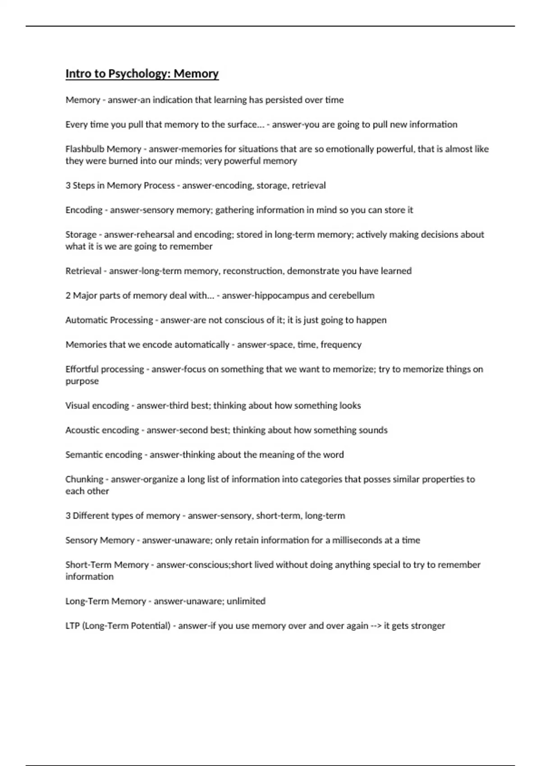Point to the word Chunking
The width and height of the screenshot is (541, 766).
(x=84, y=479)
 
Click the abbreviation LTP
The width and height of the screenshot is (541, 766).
(x=72, y=626)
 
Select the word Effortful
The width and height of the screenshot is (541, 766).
(x=82, y=369)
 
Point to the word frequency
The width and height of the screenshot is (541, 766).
(x=341, y=345)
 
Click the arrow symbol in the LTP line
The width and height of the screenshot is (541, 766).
(x=376, y=626)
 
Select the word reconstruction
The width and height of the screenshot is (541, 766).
(x=252, y=271)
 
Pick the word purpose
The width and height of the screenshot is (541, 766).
(x=82, y=381)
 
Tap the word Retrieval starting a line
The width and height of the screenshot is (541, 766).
(x=83, y=271)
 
